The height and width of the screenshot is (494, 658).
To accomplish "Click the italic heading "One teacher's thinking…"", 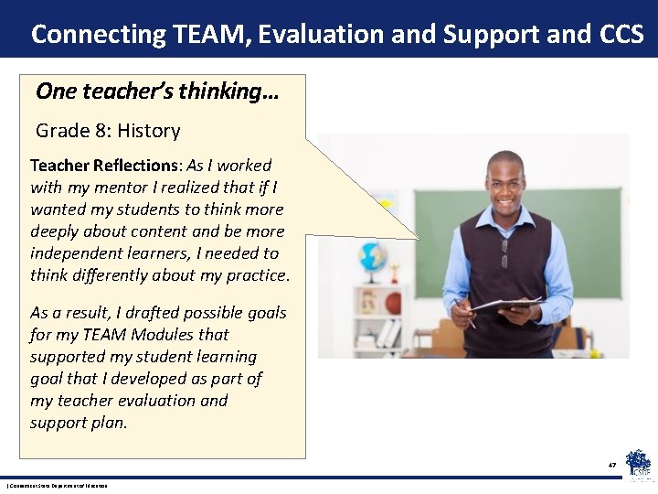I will click(x=157, y=91).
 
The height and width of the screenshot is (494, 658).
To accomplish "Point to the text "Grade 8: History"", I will click(x=108, y=131).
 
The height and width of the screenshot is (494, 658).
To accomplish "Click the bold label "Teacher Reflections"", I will click(x=105, y=166).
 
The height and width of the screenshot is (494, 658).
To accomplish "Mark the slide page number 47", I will click(x=612, y=465).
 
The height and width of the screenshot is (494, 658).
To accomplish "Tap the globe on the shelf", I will click(x=373, y=256).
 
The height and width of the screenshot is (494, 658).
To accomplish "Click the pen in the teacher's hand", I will click(x=465, y=313).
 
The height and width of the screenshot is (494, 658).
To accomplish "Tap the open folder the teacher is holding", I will click(x=507, y=306).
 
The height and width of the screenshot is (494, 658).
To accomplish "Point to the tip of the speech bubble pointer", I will click(x=418, y=240).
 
